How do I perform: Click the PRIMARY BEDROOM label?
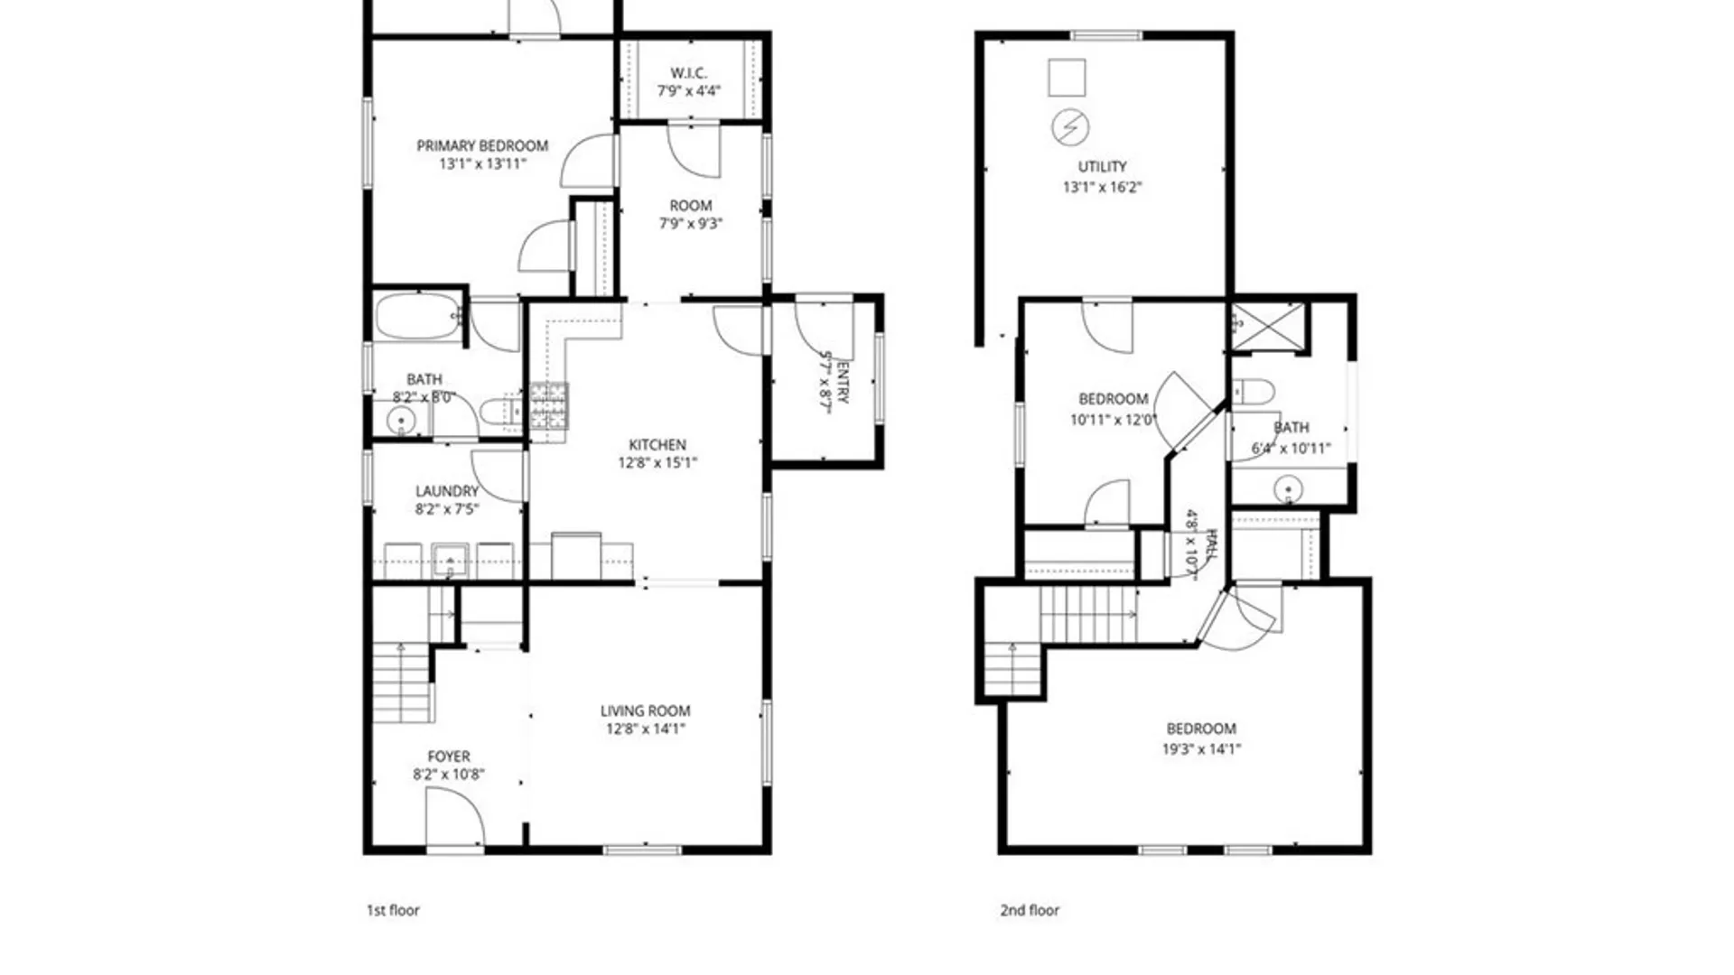point(482,145)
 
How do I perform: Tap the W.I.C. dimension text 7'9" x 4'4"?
point(689,90)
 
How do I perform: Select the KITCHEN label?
point(657,444)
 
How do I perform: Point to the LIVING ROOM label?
point(645,710)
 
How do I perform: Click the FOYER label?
point(449,757)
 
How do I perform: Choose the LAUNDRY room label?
point(447,491)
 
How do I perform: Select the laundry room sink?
point(449,560)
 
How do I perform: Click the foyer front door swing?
point(456,817)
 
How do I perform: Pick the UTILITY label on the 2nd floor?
point(1102,166)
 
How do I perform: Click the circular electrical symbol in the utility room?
point(1070,127)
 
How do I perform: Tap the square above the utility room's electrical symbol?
point(1067,78)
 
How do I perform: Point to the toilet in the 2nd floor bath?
point(1253,392)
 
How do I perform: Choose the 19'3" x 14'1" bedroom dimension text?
point(1201,748)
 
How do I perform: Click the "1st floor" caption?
point(393,910)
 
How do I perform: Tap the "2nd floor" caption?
point(1030,910)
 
